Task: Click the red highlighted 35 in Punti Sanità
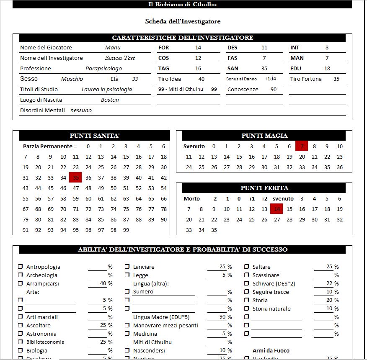point(76,177)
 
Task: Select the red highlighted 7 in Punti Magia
point(302,146)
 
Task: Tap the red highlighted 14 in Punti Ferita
point(277,209)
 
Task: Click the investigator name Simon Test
point(120,58)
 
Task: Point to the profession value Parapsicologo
point(103,69)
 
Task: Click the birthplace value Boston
point(110,100)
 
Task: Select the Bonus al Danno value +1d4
point(270,79)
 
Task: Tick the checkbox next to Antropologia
point(21,267)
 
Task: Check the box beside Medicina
point(127,334)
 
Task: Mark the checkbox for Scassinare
point(247,275)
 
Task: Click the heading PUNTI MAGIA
point(264,136)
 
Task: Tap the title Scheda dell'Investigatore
point(183,21)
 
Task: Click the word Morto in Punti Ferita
point(191,198)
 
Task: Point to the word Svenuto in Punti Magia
point(194,146)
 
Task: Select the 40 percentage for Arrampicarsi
point(103,283)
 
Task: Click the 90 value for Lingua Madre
point(222,317)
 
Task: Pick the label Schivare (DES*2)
point(274,283)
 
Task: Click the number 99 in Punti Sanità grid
point(126,230)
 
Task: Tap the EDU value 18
point(327,69)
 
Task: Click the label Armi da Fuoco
point(271,350)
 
